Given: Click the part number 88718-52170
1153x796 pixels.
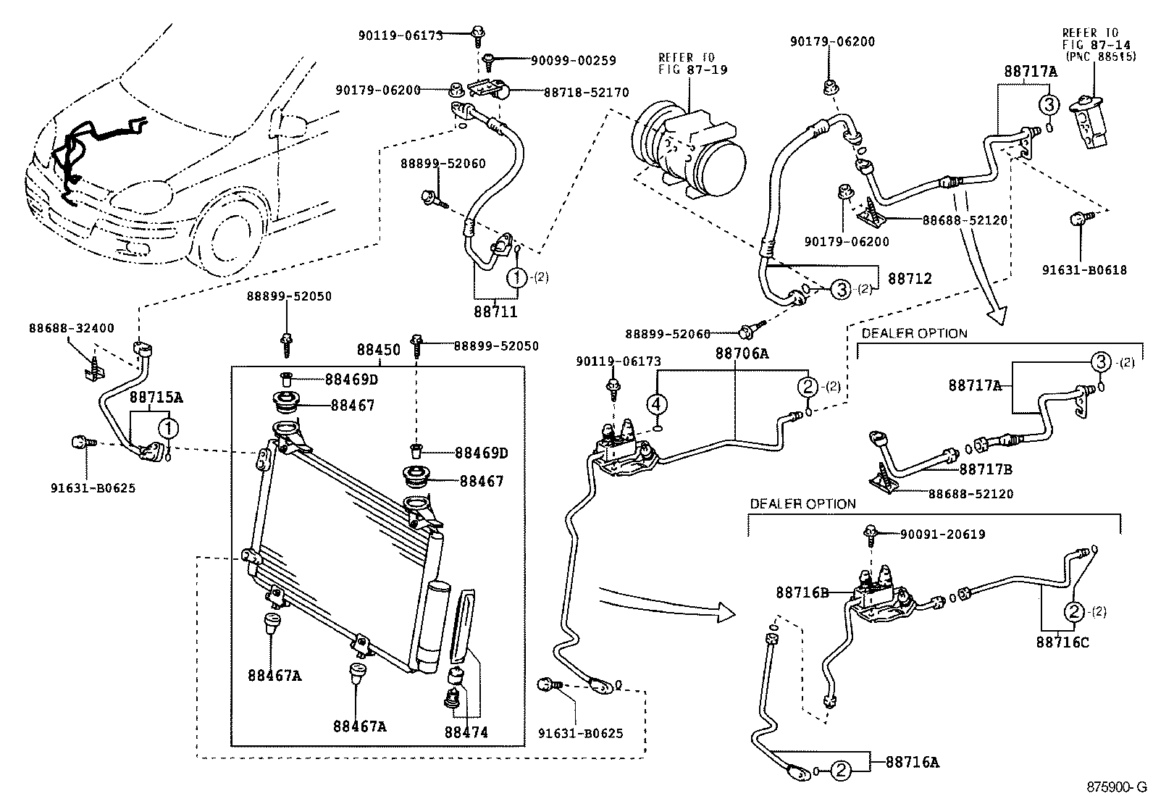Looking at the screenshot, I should tap(587, 93).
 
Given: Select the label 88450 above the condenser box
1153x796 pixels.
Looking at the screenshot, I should tap(378, 350).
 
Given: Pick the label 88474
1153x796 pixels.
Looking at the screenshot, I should tap(466, 732).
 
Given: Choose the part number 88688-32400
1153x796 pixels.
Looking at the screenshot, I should tap(72, 327).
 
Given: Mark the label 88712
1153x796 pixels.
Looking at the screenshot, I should tap(910, 278).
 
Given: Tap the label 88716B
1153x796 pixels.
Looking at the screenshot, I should tap(802, 592).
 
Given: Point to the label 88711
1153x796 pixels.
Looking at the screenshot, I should tap(496, 312).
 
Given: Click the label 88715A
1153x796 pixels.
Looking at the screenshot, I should tap(156, 397).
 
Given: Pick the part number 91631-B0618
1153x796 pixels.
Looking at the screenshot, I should tap(1084, 270).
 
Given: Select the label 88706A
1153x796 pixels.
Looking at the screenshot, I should tap(742, 353).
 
